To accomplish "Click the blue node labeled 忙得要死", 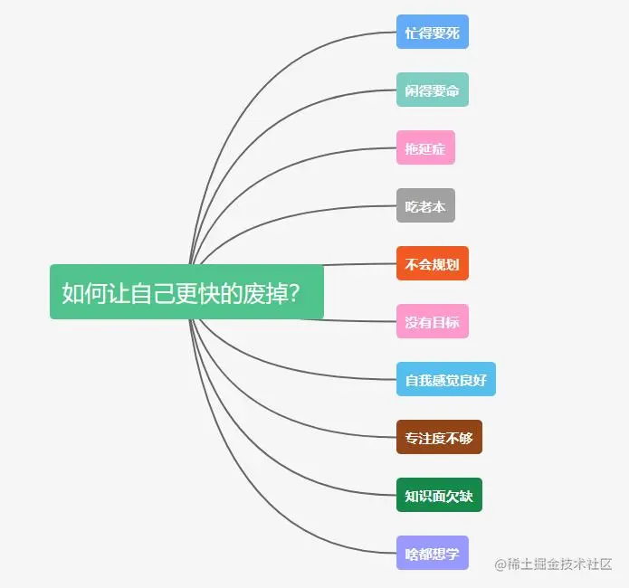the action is tap(433, 32).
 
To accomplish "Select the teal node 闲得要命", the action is tap(433, 90).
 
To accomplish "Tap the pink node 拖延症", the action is tap(425, 147).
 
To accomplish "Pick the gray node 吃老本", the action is tap(425, 205).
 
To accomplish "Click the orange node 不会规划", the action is tap(433, 263).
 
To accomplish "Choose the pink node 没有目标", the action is tap(433, 321).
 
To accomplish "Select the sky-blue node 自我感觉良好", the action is tap(445, 379).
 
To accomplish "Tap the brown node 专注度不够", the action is tap(439, 437).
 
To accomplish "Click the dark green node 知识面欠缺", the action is tap(439, 495).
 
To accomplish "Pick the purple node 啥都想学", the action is tap(433, 553).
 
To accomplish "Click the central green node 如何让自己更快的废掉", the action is tap(186, 292).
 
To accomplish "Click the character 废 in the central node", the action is tap(250, 293).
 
